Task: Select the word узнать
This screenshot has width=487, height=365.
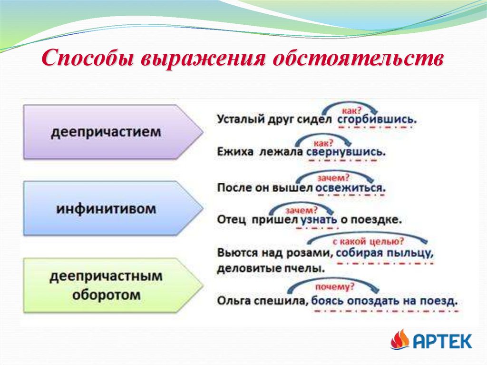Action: coord(319,220)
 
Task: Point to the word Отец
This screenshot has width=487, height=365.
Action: coord(232,220)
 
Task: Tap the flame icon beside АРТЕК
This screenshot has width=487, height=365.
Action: coord(399,340)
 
